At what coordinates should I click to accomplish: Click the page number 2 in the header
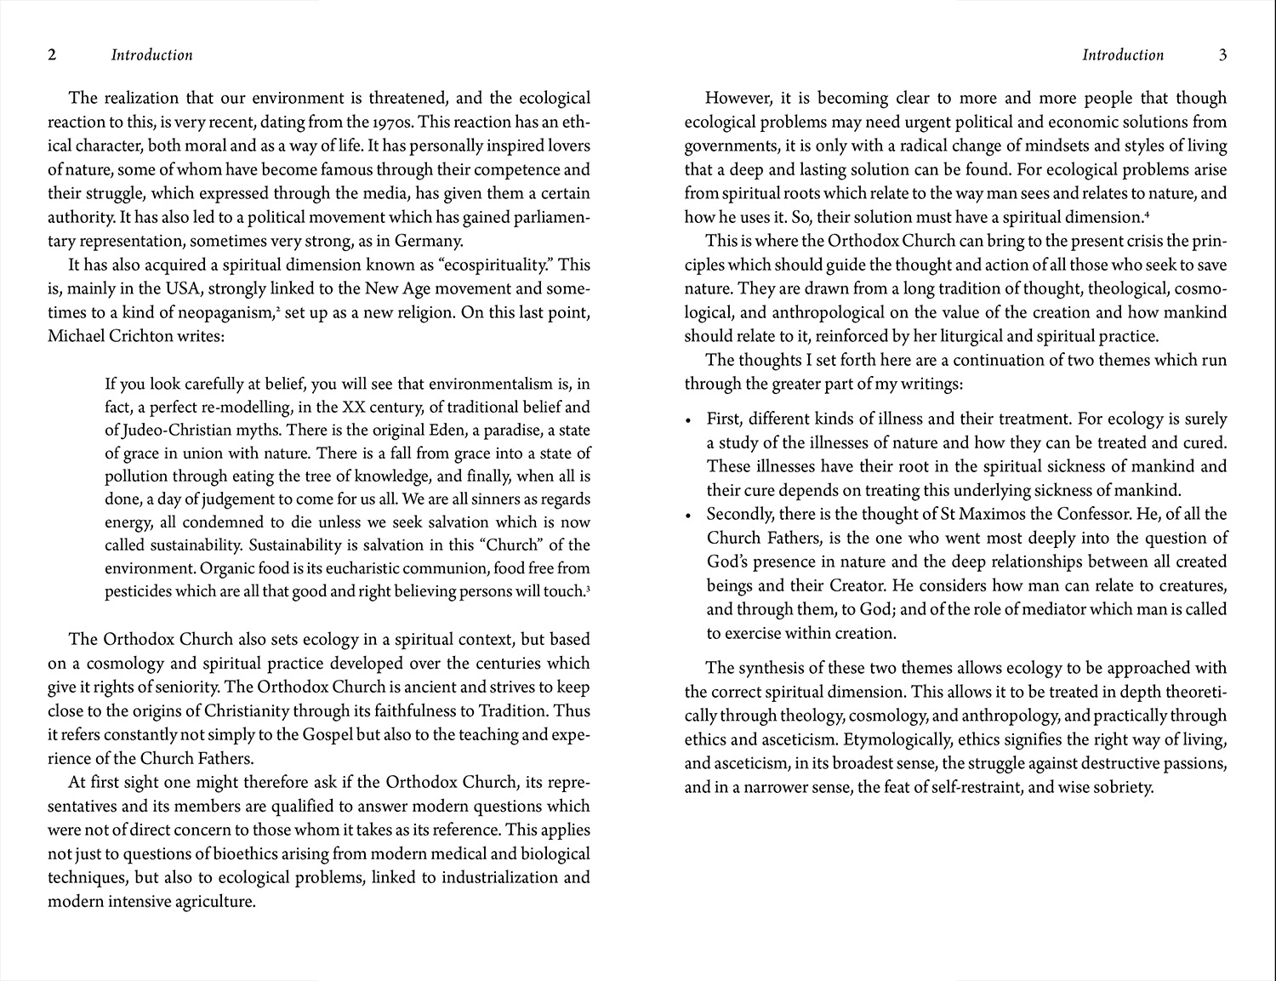(53, 55)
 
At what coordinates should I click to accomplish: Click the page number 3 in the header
(1223, 55)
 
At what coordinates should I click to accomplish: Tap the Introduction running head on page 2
(151, 55)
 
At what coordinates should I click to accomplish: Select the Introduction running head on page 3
(1123, 55)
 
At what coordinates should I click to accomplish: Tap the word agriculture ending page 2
(212, 901)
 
